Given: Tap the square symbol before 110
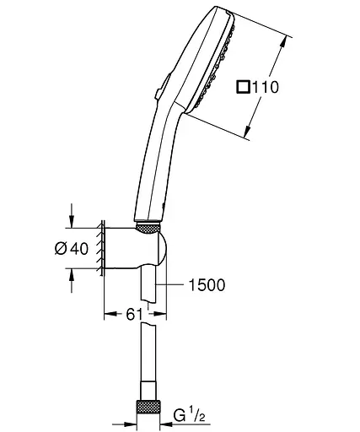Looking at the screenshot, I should point(243,86).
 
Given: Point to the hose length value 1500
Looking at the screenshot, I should point(205,285).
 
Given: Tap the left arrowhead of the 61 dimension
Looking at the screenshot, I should point(107,314).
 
